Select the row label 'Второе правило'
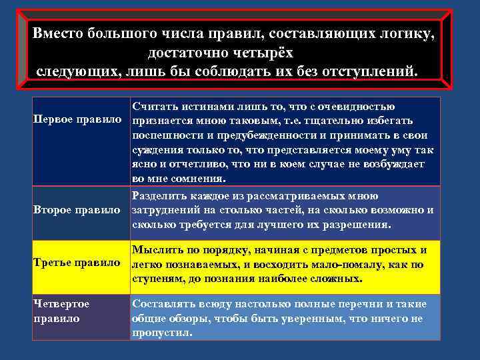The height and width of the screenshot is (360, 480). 77,210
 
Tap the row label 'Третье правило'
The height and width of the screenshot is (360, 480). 77,262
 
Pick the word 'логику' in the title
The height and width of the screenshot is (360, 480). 406,33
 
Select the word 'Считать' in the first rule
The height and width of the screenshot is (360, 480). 155,107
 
